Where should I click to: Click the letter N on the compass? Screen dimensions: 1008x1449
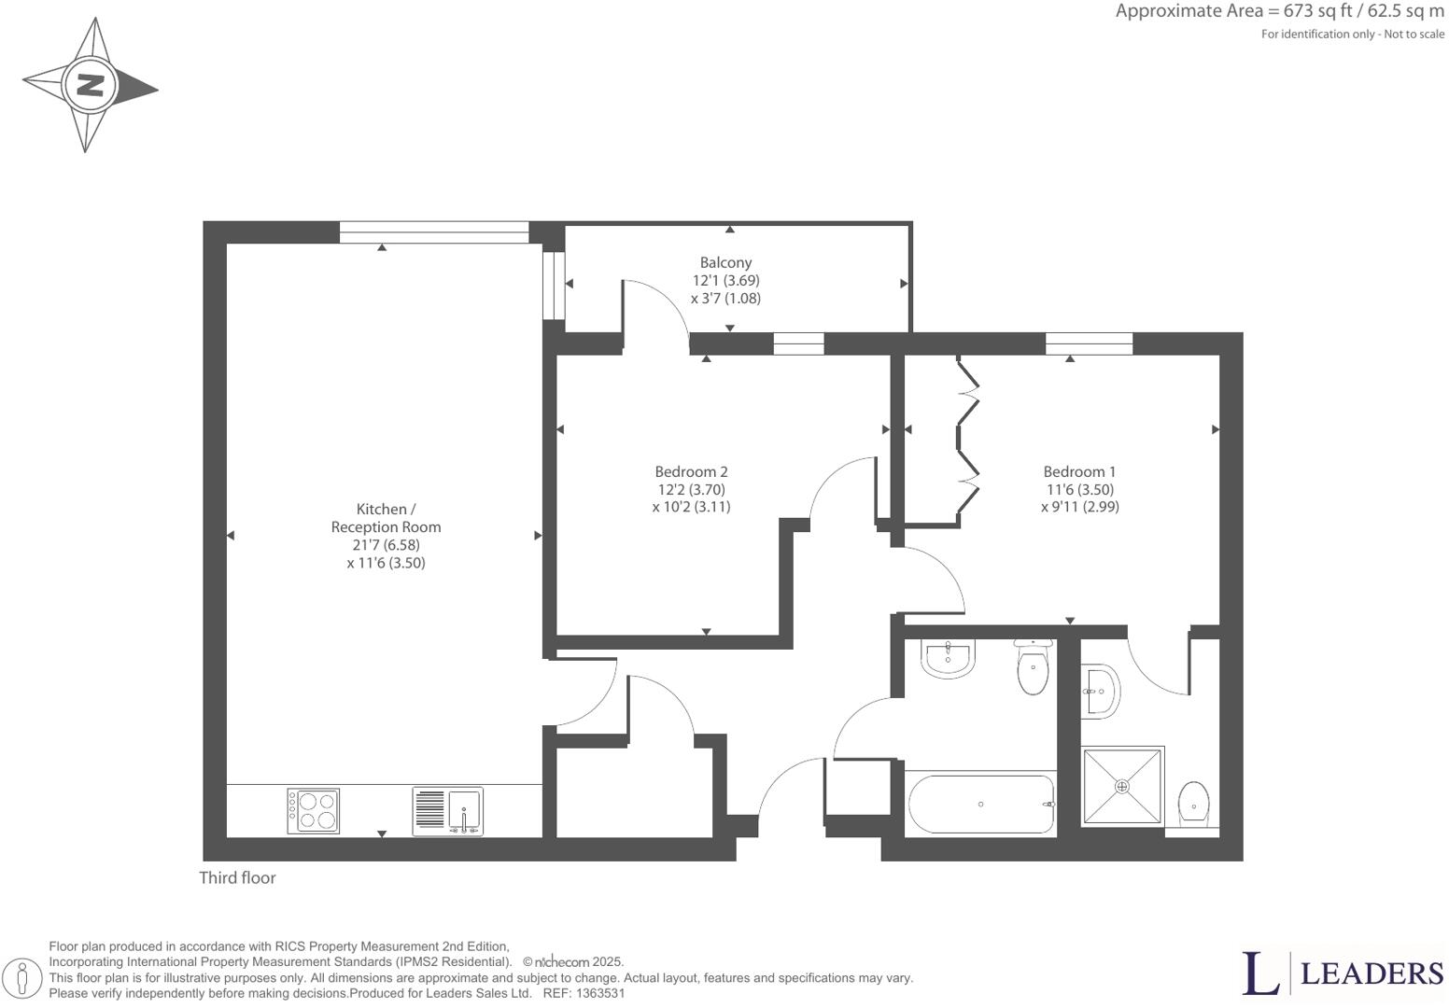[x=90, y=86]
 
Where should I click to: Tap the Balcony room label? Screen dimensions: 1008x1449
[x=725, y=263]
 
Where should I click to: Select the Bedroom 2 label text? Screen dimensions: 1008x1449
[x=691, y=472]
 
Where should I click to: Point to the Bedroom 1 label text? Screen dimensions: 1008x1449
[x=1079, y=472]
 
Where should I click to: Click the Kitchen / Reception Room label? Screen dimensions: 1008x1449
[x=386, y=518]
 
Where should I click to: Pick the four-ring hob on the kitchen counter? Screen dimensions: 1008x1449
[x=314, y=811]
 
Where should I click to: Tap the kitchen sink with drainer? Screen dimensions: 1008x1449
[x=448, y=811]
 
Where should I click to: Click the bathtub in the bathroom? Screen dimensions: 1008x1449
[x=980, y=805]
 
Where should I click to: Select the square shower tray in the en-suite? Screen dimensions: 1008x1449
[x=1122, y=786]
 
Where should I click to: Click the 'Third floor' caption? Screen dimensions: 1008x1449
[x=237, y=878]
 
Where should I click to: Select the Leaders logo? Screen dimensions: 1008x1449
[x=1343, y=973]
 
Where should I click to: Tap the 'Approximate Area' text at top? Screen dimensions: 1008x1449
[x=1279, y=11]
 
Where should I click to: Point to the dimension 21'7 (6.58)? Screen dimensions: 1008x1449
[x=386, y=545]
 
